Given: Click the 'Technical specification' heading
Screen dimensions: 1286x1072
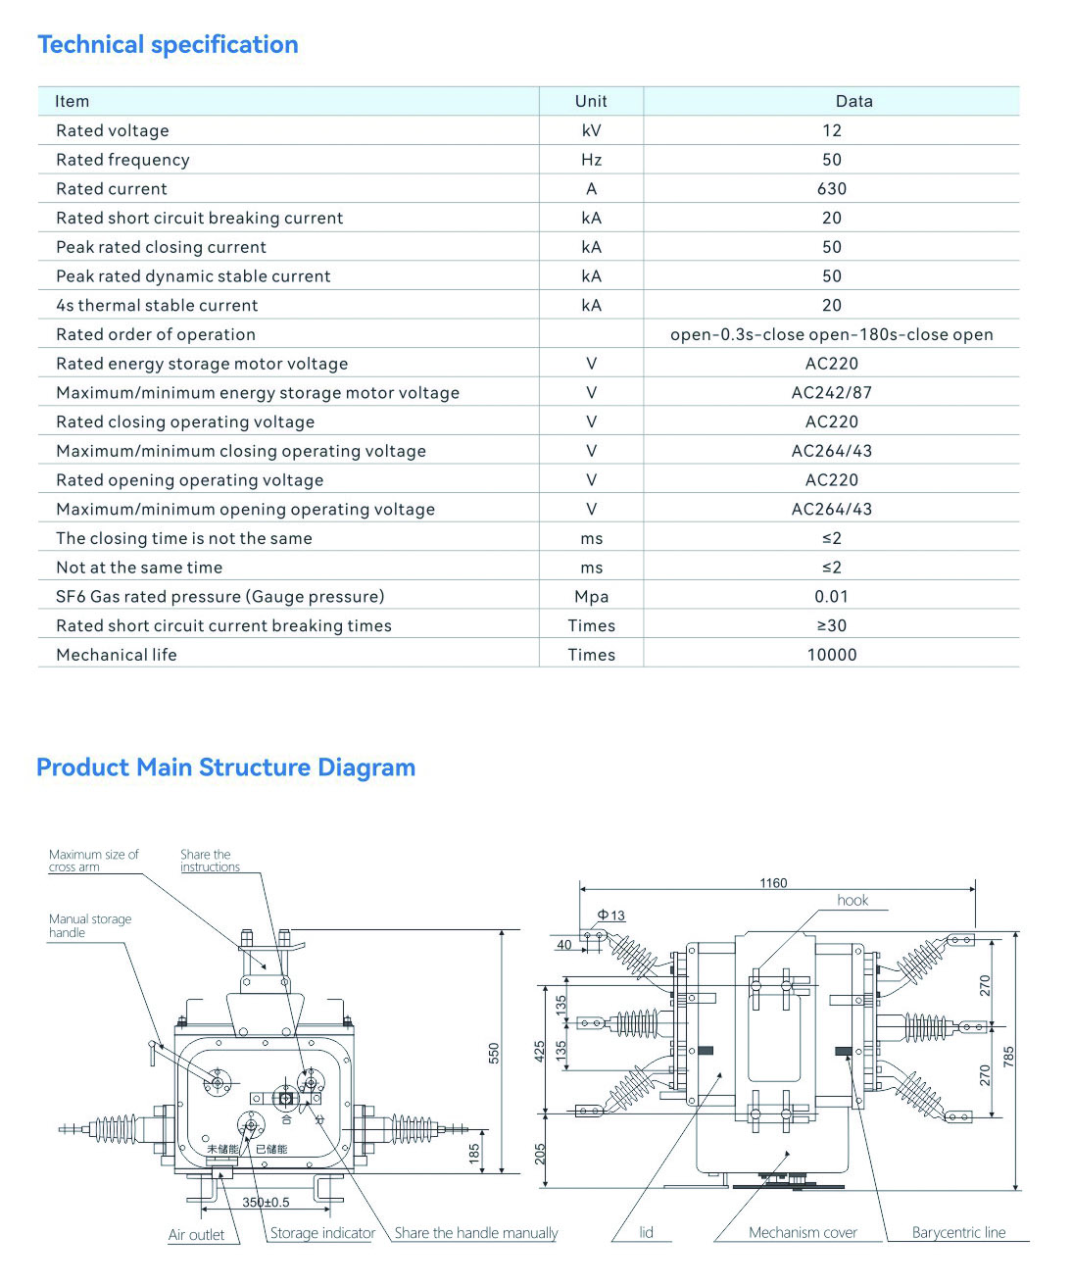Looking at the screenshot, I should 168,45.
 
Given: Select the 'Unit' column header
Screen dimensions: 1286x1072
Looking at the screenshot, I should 591,101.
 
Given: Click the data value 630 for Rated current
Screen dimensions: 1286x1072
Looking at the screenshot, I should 831,188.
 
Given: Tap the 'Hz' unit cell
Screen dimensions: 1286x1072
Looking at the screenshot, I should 591,160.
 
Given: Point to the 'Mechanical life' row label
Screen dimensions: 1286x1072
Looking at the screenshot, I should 117,655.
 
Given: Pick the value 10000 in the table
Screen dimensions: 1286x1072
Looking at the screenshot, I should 831,655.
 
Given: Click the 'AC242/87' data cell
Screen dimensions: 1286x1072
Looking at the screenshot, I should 831,392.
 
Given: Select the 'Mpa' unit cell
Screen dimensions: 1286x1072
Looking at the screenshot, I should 591,596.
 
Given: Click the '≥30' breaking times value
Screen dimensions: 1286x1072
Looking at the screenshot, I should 831,625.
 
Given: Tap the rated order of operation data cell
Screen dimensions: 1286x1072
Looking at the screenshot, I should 831,334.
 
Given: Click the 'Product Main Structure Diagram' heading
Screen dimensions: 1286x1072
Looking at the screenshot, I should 225,767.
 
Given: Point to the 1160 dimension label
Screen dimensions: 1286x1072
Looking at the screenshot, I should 773,883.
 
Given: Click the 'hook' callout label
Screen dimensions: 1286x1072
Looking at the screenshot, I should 853,900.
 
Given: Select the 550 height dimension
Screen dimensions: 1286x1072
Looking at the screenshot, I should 494,1053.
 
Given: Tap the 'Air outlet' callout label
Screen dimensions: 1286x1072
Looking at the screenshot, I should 196,1235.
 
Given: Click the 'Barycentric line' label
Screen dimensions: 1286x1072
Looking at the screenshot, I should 958,1233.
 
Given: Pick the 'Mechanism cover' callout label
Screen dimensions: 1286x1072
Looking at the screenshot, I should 803,1233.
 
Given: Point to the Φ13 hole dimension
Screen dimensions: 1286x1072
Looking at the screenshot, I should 610,915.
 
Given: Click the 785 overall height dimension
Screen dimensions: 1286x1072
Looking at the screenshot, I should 1009,1058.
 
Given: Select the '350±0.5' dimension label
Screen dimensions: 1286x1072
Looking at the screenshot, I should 266,1202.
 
